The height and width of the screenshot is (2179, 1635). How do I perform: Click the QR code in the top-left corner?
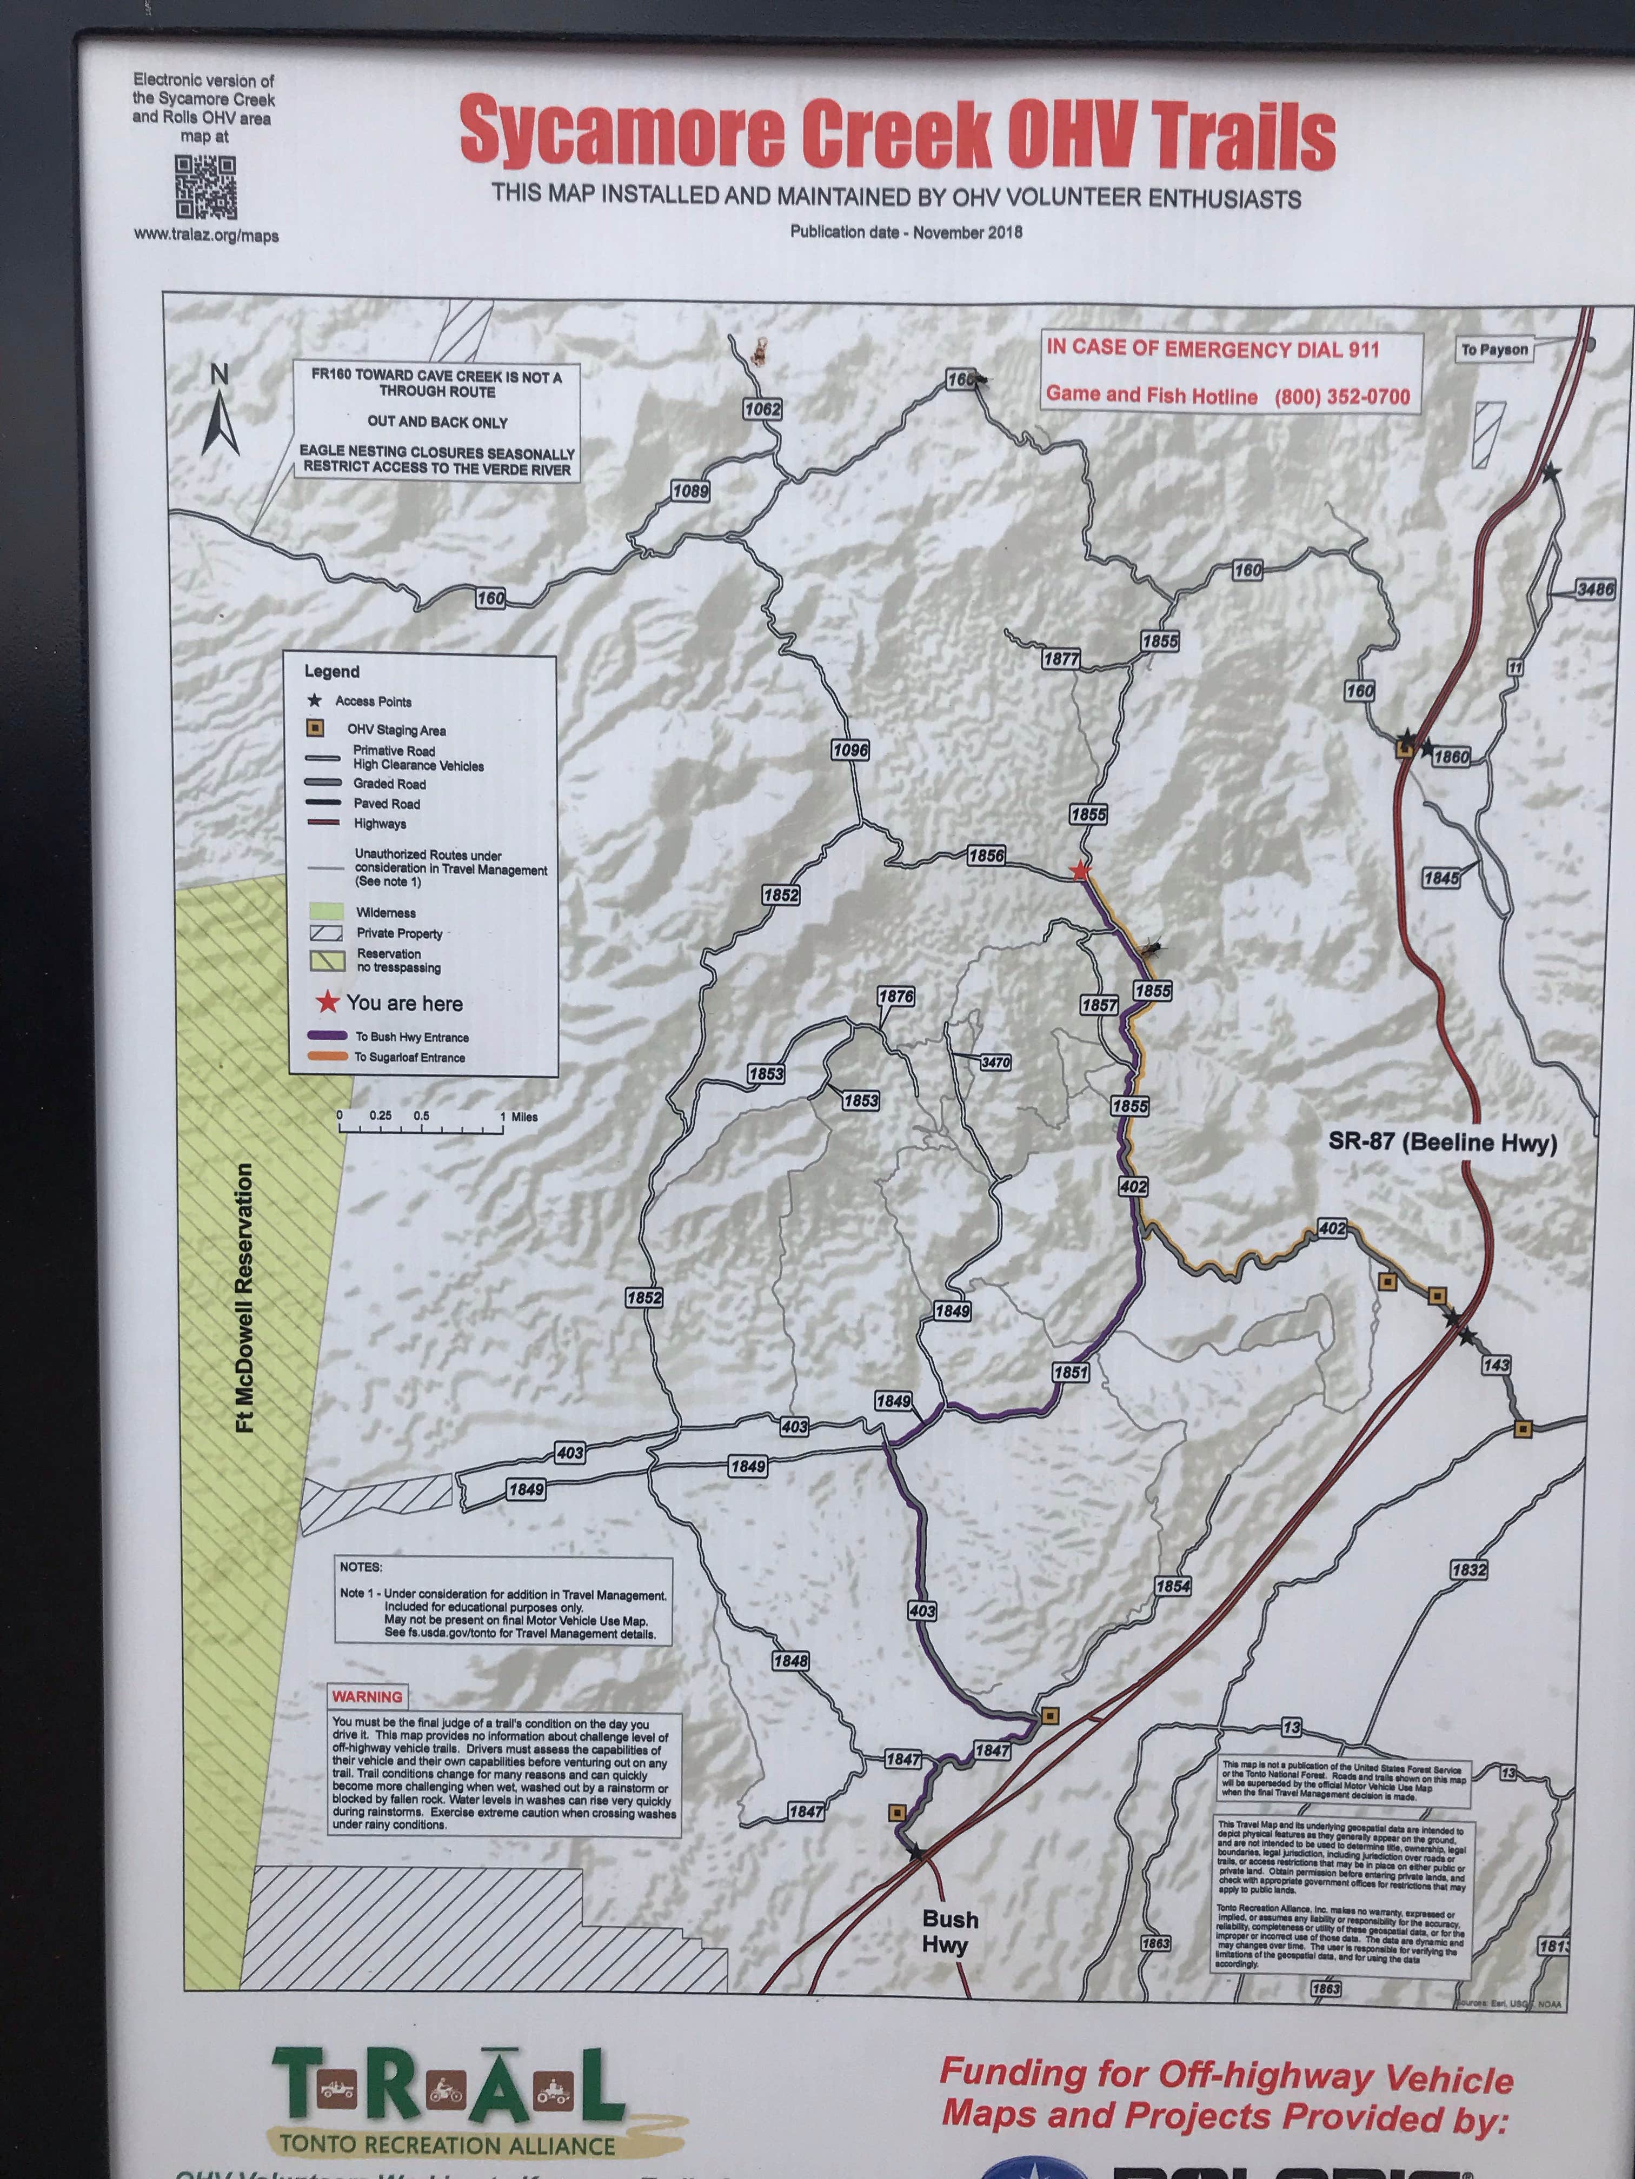[x=206, y=187]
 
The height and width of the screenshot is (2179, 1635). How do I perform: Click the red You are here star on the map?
[x=1080, y=871]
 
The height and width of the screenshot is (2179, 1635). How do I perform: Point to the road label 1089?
[x=690, y=491]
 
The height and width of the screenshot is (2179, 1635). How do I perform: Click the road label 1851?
[x=1071, y=1372]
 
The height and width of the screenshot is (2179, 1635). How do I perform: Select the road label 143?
[x=1495, y=1365]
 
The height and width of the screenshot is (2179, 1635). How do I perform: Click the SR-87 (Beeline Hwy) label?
[x=1442, y=1142]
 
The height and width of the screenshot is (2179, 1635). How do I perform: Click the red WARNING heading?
[x=367, y=1696]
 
